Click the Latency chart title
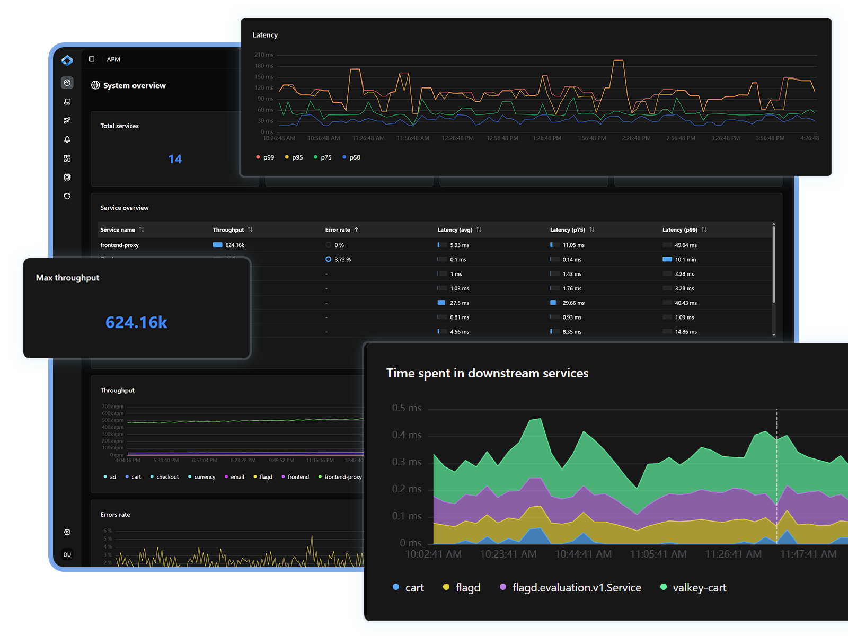265,35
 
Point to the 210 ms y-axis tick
263,55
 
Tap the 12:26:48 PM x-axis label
457,138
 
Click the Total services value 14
175,159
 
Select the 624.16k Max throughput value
136,322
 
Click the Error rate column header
338,230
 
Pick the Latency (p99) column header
679,230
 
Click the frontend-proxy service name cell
119,245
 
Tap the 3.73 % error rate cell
342,260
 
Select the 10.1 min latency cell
685,260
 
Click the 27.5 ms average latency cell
459,303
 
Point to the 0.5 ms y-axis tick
407,408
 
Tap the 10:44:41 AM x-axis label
583,554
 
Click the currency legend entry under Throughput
204,477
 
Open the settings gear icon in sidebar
67,532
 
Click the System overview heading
134,85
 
